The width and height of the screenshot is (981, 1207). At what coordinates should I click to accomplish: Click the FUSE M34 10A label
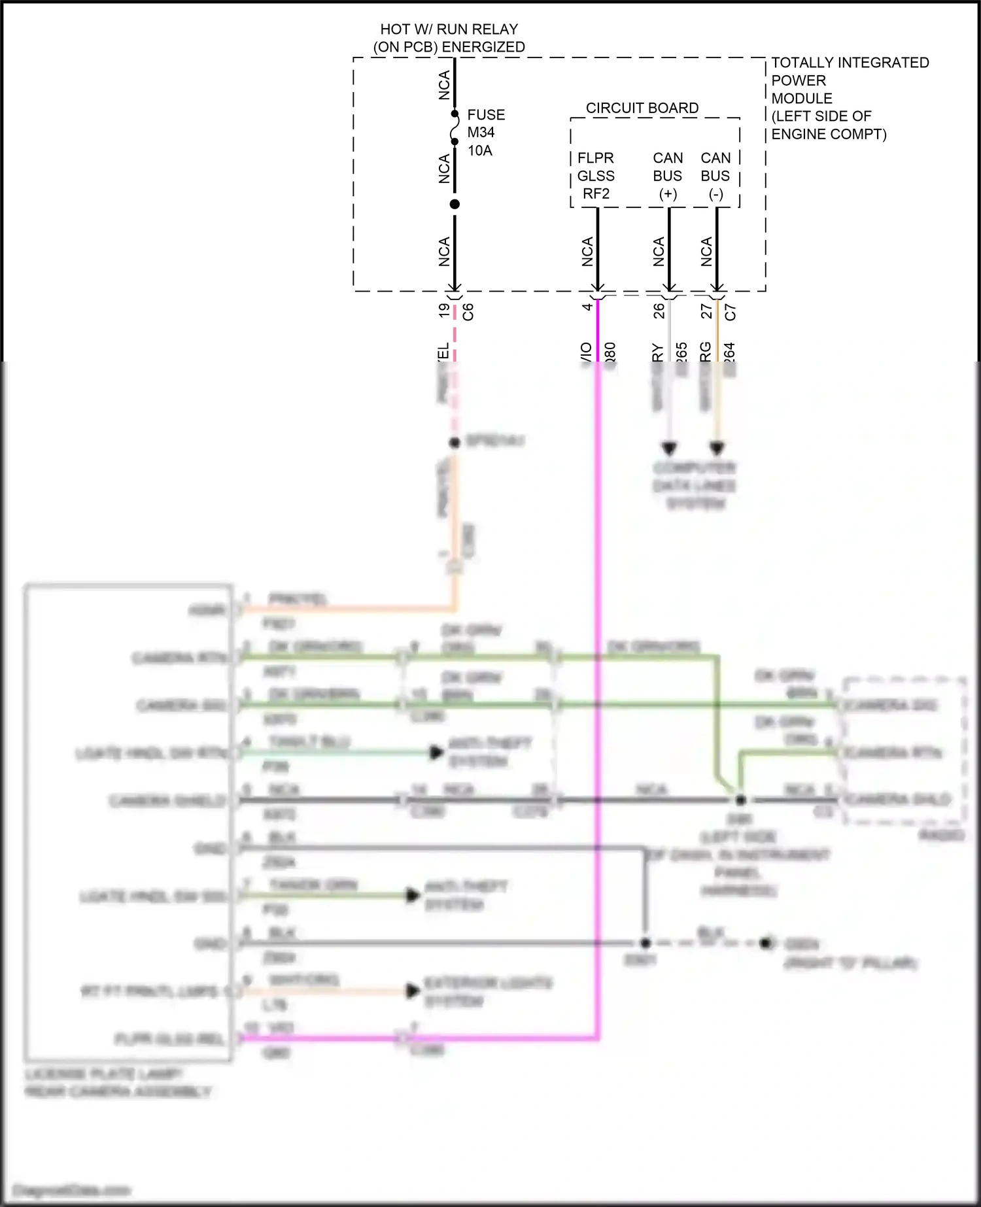click(x=485, y=133)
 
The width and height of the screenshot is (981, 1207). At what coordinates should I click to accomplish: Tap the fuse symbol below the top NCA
click(x=455, y=128)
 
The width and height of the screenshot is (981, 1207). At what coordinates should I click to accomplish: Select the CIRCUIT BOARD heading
click(x=642, y=108)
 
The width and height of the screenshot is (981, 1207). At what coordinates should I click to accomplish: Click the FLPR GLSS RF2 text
click(x=596, y=176)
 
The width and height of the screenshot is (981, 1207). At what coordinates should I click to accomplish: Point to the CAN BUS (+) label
click(x=667, y=176)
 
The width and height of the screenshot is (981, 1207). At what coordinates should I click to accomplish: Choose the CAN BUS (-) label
click(x=715, y=176)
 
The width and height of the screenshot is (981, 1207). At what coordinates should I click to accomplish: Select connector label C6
click(x=468, y=311)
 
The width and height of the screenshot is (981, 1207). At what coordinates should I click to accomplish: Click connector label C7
click(x=731, y=312)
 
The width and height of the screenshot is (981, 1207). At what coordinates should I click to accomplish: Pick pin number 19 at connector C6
click(x=444, y=310)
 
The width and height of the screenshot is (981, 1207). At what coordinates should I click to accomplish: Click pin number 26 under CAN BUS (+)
click(x=659, y=310)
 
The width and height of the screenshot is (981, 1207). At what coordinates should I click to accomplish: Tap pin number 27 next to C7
click(x=706, y=310)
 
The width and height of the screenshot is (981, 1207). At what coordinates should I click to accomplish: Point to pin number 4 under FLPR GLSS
click(x=587, y=306)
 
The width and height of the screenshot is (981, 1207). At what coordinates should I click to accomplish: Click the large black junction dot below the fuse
click(x=455, y=204)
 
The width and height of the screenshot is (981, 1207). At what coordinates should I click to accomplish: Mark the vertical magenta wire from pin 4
click(x=598, y=654)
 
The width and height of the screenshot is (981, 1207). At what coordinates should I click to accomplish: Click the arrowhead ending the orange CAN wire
click(x=717, y=449)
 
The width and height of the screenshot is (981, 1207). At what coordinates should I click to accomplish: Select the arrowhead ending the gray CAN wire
click(x=669, y=449)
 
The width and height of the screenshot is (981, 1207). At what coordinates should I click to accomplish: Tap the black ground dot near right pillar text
click(x=766, y=943)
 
